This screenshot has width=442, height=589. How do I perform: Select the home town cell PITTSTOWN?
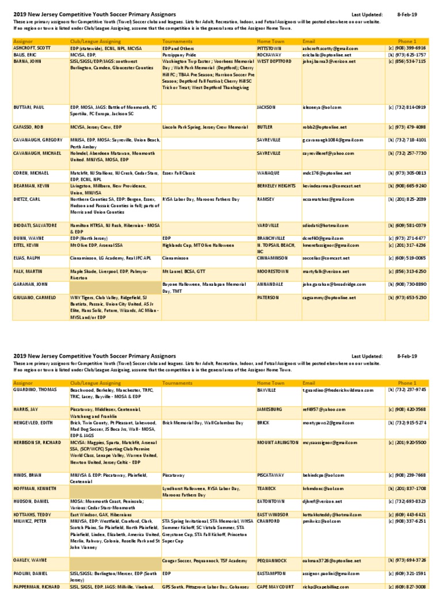269,48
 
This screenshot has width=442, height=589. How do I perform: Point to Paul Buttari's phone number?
406,107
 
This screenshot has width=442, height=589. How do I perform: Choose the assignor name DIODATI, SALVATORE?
35,225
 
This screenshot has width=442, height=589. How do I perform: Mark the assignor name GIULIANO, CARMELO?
34,297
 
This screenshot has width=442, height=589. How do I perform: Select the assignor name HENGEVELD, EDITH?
33,423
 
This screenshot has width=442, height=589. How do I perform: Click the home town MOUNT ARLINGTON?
277,442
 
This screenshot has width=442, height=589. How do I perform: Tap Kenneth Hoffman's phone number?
406,488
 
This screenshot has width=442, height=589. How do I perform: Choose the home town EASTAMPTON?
272,573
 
